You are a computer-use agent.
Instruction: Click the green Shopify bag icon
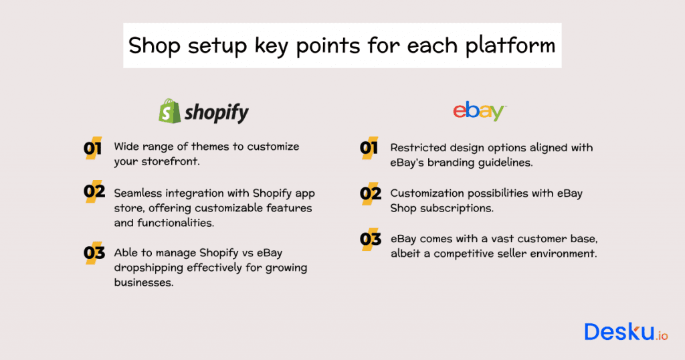click(170, 111)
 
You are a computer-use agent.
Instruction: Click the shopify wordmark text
click(216, 112)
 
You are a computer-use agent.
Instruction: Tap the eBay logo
click(479, 111)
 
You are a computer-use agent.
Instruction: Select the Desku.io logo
click(625, 331)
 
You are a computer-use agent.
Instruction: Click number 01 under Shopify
click(94, 149)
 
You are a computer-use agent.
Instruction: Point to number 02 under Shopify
click(94, 192)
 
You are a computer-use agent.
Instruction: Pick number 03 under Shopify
click(94, 253)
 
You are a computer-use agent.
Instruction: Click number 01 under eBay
click(369, 149)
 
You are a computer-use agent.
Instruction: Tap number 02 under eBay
click(370, 195)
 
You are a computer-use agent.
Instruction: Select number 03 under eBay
click(370, 239)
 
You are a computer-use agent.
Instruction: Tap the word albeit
click(407, 254)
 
